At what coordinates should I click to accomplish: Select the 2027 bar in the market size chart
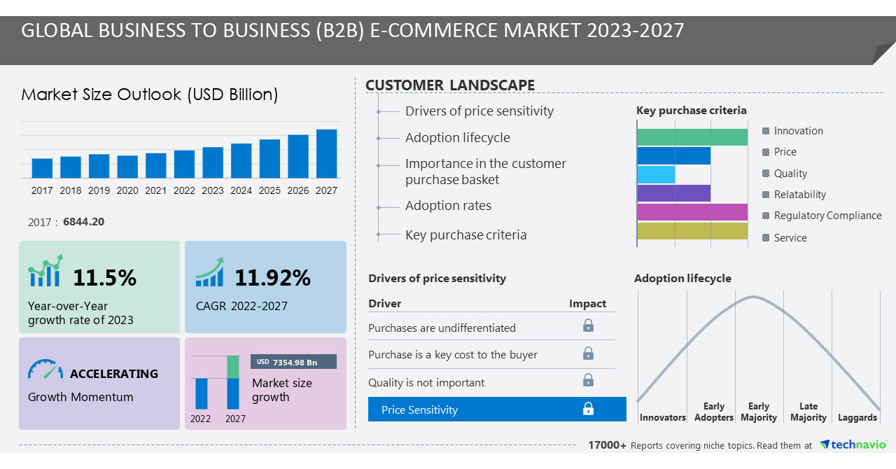click(326, 153)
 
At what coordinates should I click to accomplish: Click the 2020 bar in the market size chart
click(127, 167)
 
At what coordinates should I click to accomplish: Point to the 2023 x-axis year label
click(213, 190)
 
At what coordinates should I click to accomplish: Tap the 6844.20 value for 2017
click(83, 222)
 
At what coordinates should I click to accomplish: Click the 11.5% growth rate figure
click(105, 278)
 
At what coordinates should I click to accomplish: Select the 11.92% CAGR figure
click(272, 278)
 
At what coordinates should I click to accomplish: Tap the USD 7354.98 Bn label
click(293, 362)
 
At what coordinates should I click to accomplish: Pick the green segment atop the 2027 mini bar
click(233, 367)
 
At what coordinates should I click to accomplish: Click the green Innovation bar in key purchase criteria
click(692, 137)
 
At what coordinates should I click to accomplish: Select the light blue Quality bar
click(657, 174)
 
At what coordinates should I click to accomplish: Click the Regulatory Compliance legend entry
click(827, 216)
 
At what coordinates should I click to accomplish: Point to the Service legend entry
click(790, 238)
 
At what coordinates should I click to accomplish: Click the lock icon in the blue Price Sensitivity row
click(589, 409)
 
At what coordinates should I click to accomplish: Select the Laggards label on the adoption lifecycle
click(857, 418)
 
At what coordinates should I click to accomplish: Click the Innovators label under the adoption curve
click(662, 418)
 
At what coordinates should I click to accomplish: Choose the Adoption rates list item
click(448, 206)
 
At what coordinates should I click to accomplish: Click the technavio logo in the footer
click(853, 444)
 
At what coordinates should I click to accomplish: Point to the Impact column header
click(587, 304)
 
